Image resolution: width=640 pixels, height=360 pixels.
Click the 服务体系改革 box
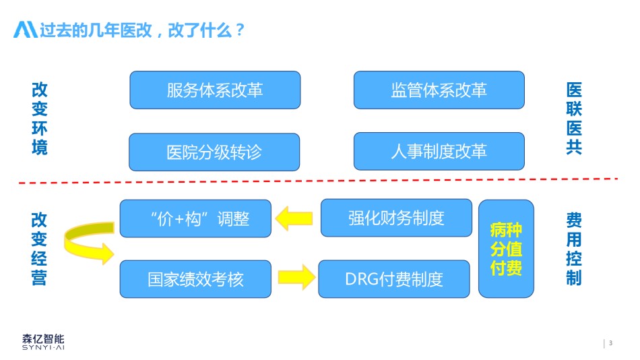[215, 90]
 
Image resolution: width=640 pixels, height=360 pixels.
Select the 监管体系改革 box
[439, 90]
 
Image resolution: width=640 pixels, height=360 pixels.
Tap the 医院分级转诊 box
[214, 152]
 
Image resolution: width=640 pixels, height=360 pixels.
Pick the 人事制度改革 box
[439, 151]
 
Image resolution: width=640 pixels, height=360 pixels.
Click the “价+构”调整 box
[195, 218]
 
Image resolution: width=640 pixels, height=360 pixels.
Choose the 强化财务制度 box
[396, 218]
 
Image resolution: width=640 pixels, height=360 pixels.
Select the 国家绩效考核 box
[195, 279]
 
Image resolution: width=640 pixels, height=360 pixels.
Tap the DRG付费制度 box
[394, 279]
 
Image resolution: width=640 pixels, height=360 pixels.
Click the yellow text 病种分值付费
[506, 249]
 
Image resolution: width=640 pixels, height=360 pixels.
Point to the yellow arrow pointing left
[294, 218]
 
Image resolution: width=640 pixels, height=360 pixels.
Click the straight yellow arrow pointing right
[296, 278]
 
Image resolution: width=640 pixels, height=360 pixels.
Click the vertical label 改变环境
[40, 119]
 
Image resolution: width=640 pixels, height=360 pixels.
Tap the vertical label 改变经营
[39, 249]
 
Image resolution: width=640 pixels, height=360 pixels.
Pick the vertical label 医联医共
[574, 119]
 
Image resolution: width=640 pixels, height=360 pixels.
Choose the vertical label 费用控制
[574, 249]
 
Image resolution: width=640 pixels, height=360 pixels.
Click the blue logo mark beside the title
[26, 30]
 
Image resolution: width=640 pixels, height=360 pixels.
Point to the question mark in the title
[240, 30]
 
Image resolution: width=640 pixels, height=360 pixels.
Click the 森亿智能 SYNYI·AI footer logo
[43, 342]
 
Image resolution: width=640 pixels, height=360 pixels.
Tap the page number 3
[610, 343]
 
